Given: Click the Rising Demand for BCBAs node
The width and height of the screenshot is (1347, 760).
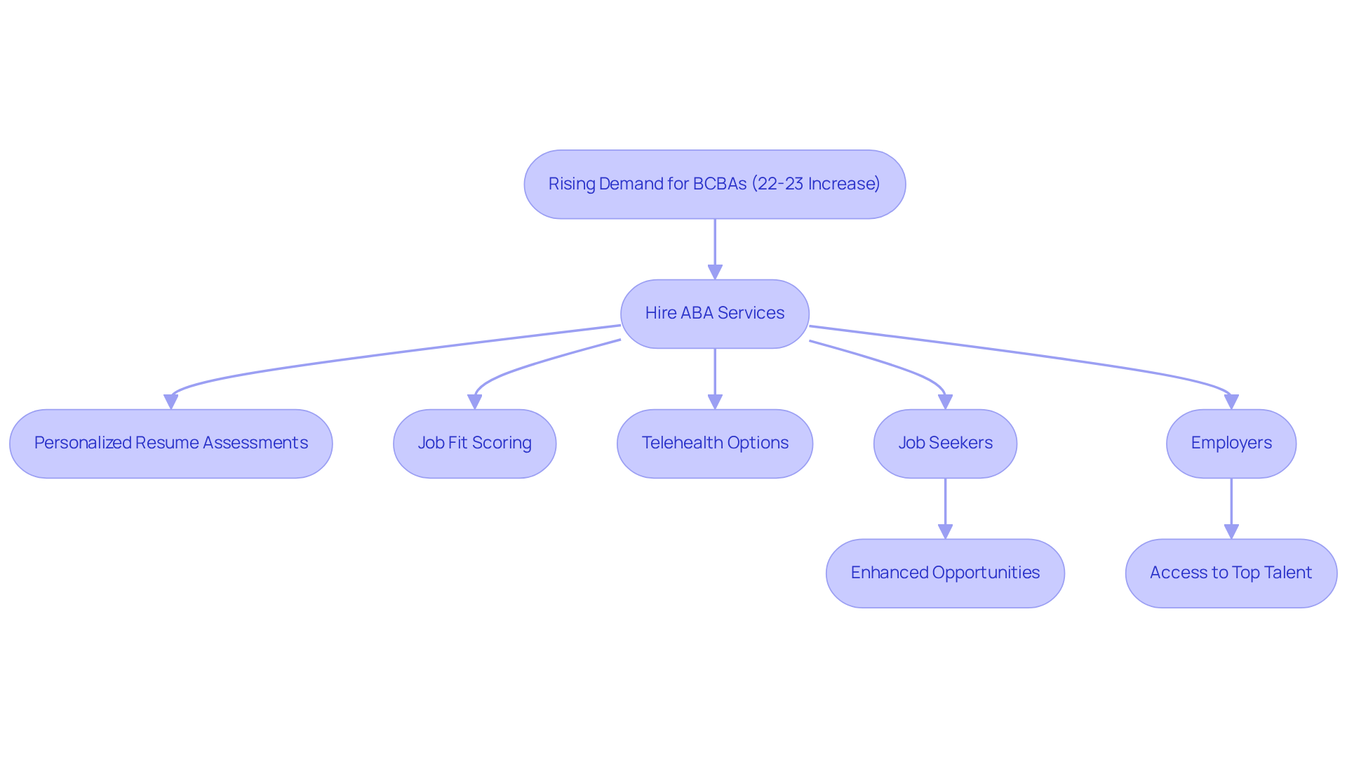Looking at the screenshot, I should pos(714,184).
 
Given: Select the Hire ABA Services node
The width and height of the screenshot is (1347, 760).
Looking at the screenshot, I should pos(714,313).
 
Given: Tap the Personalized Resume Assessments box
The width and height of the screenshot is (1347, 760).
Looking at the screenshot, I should pos(170,443).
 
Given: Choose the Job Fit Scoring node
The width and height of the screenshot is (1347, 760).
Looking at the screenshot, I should pos(474,443).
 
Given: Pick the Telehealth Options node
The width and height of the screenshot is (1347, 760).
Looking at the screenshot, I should pos(714,443).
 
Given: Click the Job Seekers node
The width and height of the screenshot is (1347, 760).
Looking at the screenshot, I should pos(944,443).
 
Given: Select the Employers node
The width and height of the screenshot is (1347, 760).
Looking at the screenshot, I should pos(1231,443).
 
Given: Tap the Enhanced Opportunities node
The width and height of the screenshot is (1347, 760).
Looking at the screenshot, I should pos(944,573).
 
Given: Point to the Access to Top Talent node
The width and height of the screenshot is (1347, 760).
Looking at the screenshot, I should pos(1231,573).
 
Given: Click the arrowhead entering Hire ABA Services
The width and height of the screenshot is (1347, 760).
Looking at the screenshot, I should pos(715,272).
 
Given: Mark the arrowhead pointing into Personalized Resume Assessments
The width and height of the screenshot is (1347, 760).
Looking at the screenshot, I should pos(170,401).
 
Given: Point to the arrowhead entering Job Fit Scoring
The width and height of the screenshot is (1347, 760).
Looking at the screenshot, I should pos(475,401).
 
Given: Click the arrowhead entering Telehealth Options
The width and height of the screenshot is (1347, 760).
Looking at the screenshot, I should pos(715,401).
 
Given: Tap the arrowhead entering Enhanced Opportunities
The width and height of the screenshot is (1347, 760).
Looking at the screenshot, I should pos(945,531).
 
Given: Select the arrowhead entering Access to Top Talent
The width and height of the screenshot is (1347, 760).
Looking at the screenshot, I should pos(1231,531).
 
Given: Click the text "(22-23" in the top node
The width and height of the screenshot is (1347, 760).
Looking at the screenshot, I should pos(777,184).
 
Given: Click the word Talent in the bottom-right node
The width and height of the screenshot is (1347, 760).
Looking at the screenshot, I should pos(1287,573).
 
